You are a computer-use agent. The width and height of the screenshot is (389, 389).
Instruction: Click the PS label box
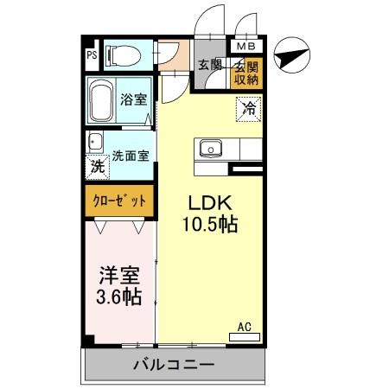[x=91, y=57]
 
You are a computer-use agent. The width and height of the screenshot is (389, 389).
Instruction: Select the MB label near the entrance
[x=246, y=46]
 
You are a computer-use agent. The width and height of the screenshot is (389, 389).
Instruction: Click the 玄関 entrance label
[x=210, y=64]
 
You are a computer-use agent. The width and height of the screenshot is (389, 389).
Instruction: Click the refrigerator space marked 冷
[x=249, y=109]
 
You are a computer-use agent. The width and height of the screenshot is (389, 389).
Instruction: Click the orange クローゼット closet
[x=119, y=201]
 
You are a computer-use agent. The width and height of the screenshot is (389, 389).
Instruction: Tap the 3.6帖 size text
[x=118, y=297]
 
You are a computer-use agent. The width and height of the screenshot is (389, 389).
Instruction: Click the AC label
[x=244, y=327]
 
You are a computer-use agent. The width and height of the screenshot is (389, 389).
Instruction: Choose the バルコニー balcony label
[x=173, y=366]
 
